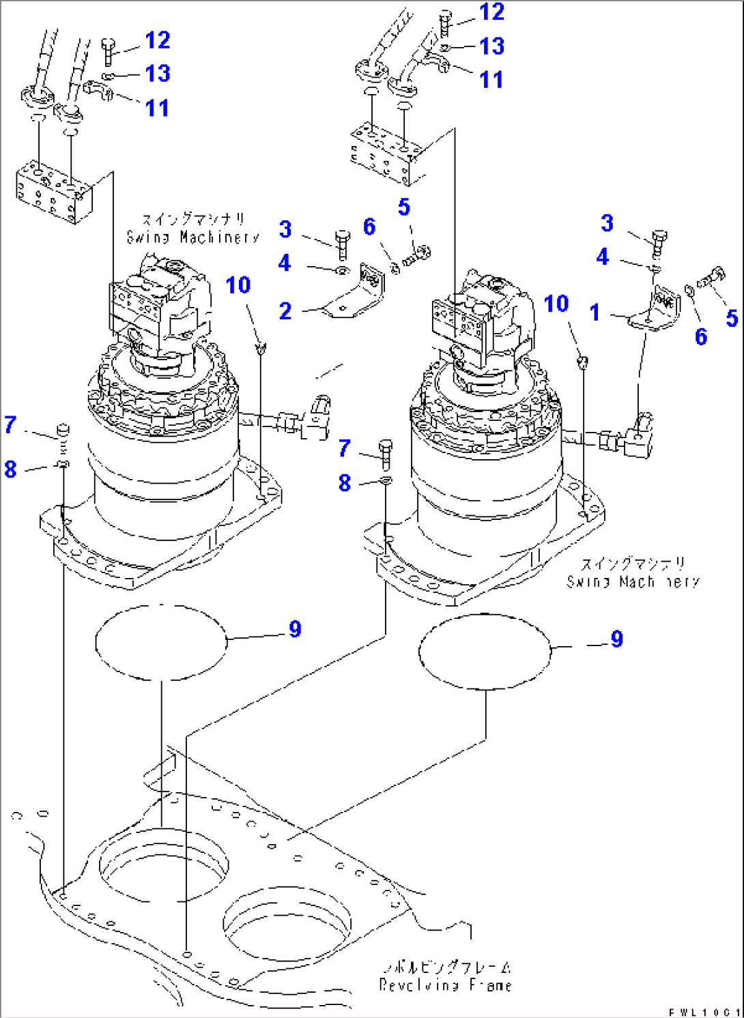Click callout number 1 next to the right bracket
coord(595,312)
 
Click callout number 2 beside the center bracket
coord(285,311)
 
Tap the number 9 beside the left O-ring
coord(295,629)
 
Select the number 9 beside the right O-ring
coord(616,639)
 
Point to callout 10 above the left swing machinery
coord(238,285)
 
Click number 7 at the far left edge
coord(10,425)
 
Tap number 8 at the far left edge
coord(10,469)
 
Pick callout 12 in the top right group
coord(491,12)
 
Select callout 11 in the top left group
coord(157,108)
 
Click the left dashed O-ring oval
coord(160,642)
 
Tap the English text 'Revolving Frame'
coord(445,985)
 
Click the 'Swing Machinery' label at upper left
coord(193,237)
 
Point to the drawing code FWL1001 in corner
coord(704,1012)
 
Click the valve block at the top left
coord(53,191)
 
